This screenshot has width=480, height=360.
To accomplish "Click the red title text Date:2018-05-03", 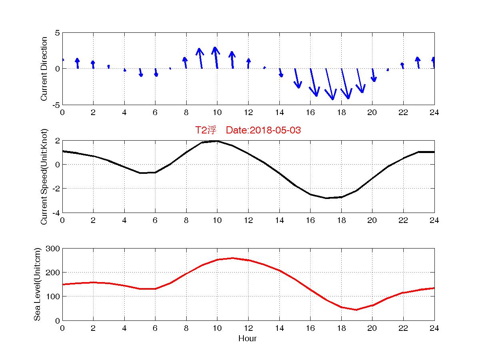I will click(263, 130).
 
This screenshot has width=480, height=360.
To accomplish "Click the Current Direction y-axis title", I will click(44, 69).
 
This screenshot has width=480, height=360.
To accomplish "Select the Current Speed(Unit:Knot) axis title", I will click(44, 177).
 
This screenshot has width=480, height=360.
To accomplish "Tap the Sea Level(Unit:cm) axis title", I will click(37, 284).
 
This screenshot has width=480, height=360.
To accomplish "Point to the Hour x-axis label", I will click(247, 339).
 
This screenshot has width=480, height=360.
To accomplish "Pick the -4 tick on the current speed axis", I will click(56, 213).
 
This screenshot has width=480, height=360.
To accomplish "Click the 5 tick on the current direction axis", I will click(58, 33).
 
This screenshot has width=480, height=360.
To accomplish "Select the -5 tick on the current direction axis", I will click(56, 105).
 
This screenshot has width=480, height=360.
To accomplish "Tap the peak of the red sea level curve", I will click(233, 258).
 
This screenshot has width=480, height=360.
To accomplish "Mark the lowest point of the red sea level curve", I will click(356, 310).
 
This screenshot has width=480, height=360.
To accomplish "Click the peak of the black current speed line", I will click(217, 141).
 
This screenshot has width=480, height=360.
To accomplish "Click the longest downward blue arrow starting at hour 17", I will click(330, 84).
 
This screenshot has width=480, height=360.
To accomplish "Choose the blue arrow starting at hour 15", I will click(297, 78).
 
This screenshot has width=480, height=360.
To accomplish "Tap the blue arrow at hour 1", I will click(78, 63).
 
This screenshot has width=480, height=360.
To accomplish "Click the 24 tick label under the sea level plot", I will click(434, 328).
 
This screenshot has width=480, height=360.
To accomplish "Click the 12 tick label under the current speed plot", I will click(248, 220).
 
